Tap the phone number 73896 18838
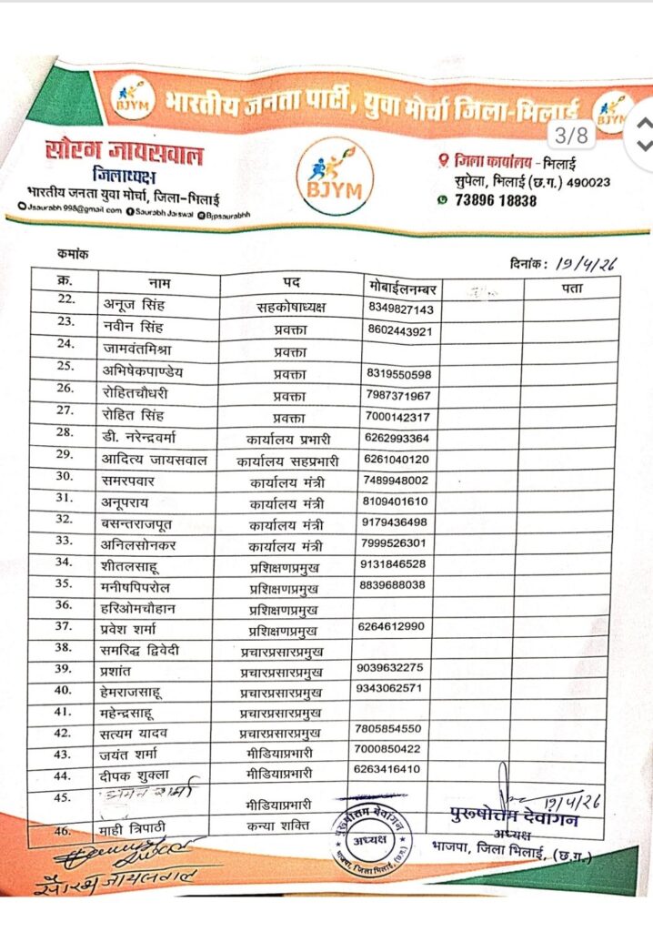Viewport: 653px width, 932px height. (x=498, y=200)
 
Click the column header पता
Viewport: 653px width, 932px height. (x=571, y=288)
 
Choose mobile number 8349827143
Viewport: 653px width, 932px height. (x=402, y=309)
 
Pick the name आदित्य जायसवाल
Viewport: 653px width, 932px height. (x=155, y=460)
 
